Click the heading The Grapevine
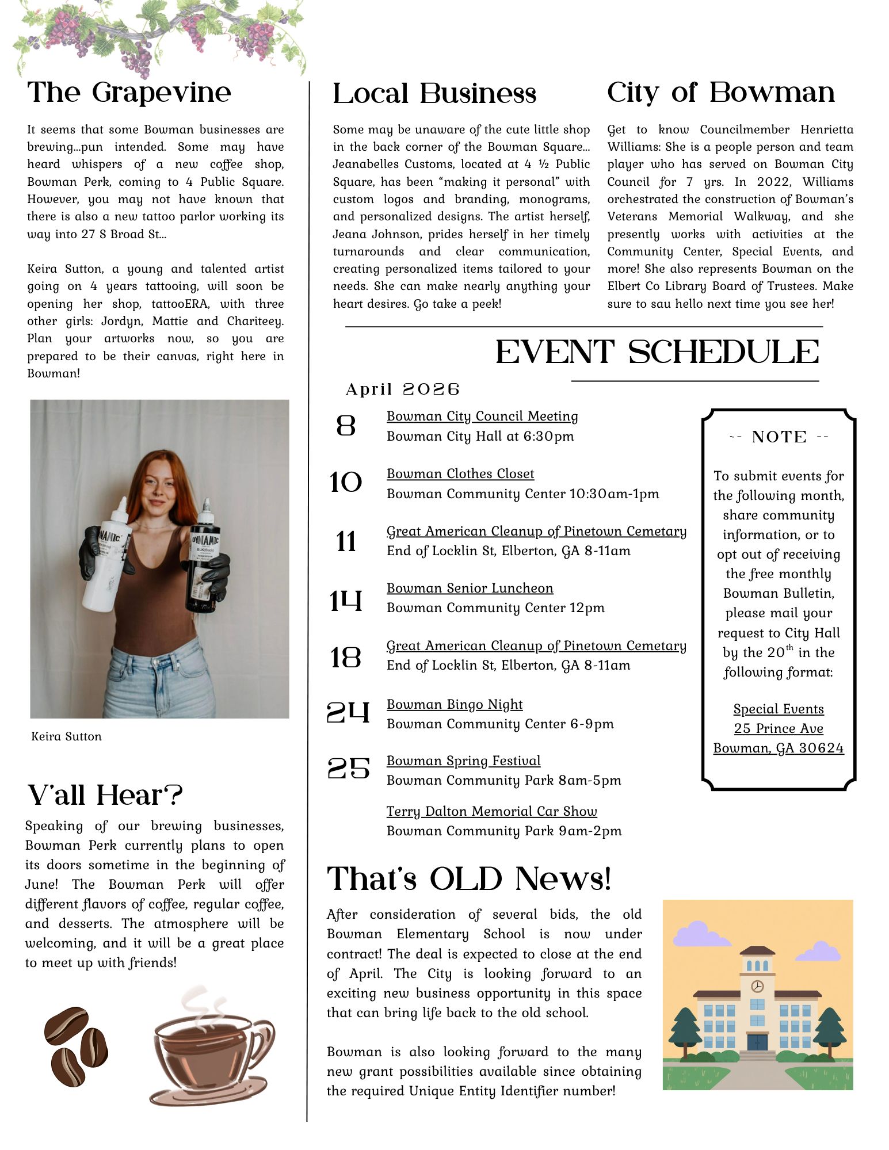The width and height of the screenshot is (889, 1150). point(129,93)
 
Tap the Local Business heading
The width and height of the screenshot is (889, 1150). point(434,94)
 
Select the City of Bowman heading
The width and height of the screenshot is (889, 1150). point(720,93)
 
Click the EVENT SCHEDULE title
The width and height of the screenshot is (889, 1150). point(657,352)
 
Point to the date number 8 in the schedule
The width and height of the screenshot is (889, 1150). point(346,426)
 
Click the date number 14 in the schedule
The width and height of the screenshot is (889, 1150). point(346,601)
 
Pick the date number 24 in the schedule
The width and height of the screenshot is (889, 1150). point(348,713)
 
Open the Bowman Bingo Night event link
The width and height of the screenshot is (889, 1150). point(455,704)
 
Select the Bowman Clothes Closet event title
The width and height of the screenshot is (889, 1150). point(460,473)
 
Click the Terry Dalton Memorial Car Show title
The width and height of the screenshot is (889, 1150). point(491,811)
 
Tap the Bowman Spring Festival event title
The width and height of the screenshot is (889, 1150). point(463,761)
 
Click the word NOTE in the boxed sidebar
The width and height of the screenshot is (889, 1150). point(779,437)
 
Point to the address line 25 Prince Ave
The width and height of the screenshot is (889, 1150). point(779,728)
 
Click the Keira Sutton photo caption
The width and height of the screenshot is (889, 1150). point(66,736)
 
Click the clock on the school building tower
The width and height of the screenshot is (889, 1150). point(757,986)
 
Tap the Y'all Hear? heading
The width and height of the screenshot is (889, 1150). point(105,795)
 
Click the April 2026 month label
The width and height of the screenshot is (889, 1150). point(402,389)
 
